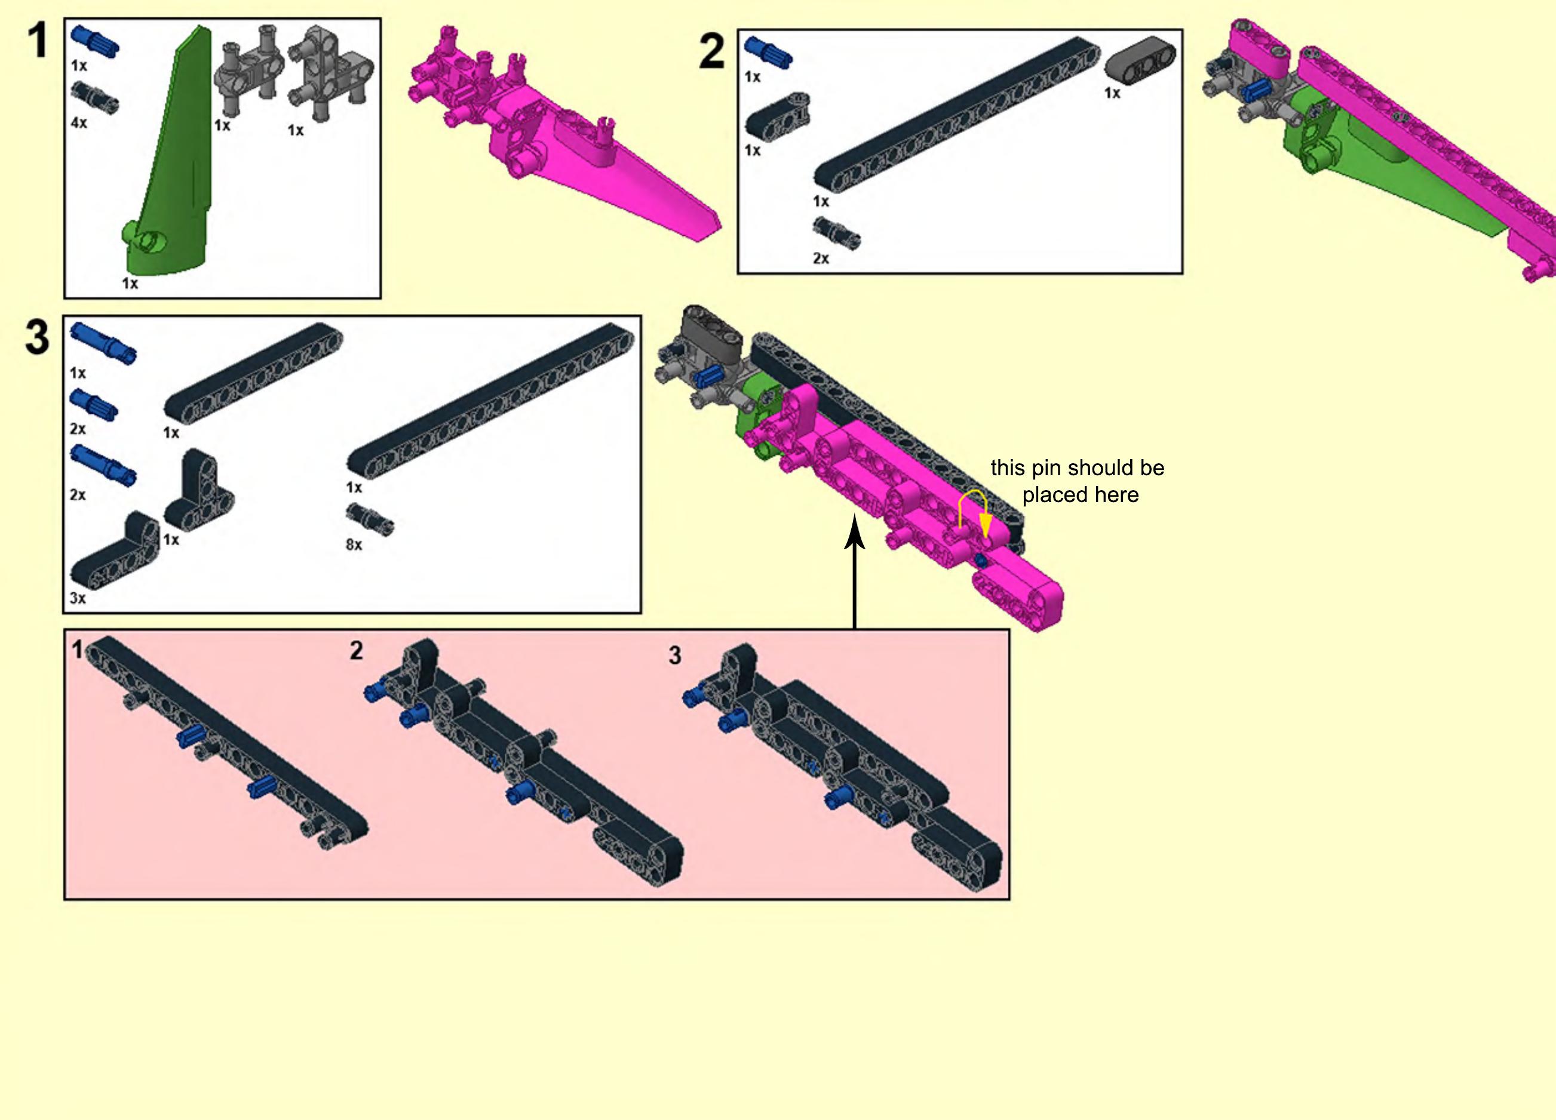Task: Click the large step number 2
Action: pos(711,51)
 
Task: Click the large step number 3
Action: pos(37,337)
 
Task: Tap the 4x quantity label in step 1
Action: pos(79,123)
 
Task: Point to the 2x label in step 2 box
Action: pos(821,259)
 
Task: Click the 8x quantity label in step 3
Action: pos(354,544)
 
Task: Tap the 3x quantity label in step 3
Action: pos(78,598)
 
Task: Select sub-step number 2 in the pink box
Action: pos(356,650)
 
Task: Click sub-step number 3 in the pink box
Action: pos(675,656)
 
